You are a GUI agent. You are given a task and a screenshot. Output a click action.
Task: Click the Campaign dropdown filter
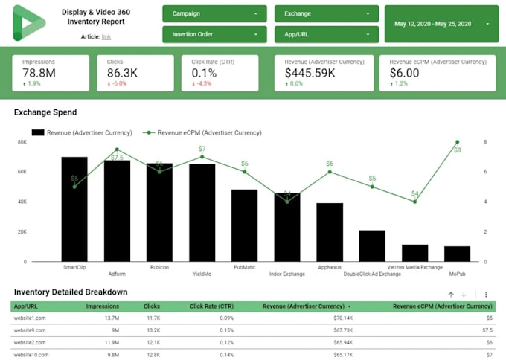click(x=215, y=14)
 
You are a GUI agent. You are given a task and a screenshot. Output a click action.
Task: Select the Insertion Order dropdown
click(x=215, y=34)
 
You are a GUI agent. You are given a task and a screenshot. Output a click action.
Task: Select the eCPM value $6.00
click(x=405, y=73)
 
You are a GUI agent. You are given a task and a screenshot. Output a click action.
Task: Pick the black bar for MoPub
click(x=457, y=254)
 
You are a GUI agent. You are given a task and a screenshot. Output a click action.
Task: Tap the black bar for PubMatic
click(x=244, y=225)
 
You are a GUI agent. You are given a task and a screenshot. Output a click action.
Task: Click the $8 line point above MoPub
click(x=457, y=142)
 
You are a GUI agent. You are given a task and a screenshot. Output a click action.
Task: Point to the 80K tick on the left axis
click(x=22, y=142)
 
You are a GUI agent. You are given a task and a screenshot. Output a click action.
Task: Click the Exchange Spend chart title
click(x=45, y=113)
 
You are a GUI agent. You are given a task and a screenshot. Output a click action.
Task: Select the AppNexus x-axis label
click(x=330, y=267)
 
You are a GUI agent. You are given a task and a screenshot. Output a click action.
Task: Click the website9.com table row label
click(x=30, y=330)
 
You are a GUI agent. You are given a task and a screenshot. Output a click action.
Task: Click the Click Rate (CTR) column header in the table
click(x=212, y=306)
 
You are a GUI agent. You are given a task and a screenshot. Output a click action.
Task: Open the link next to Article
click(x=106, y=36)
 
